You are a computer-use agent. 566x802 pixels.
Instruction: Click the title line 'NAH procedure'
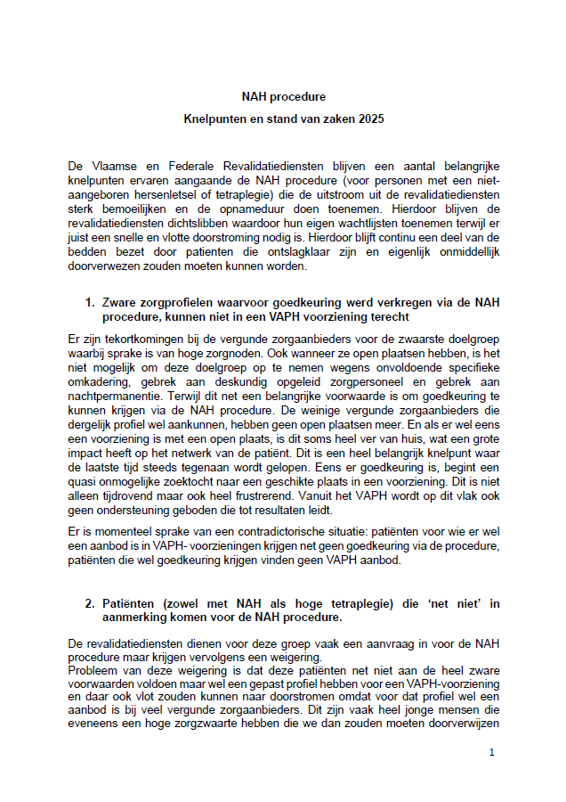tap(283, 95)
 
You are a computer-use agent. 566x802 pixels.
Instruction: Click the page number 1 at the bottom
tap(492, 753)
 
